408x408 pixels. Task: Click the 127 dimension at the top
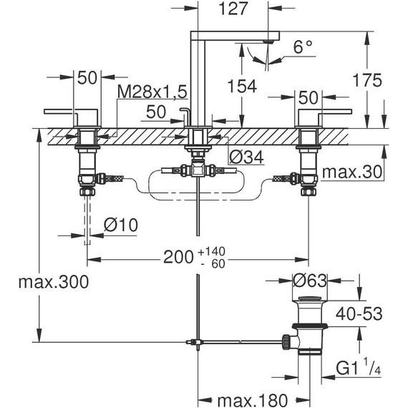(x=233, y=9)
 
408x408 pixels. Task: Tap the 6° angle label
(x=303, y=47)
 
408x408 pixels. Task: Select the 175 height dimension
(x=367, y=80)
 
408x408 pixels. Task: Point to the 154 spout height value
(x=242, y=86)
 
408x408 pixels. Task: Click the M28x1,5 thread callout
(x=152, y=92)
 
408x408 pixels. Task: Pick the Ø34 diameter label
(x=246, y=157)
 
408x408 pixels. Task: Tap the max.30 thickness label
(x=352, y=172)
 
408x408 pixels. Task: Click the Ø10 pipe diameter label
(x=121, y=225)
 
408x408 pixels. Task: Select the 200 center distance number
(x=178, y=258)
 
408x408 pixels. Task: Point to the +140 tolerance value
(x=211, y=252)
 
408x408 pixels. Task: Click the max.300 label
(x=54, y=282)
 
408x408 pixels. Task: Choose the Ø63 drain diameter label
(x=309, y=281)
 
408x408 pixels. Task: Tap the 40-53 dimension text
(x=359, y=314)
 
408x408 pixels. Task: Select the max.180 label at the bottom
(x=253, y=400)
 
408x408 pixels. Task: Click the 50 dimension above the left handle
(x=87, y=77)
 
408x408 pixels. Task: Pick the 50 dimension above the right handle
(x=308, y=98)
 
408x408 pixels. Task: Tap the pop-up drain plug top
(x=309, y=298)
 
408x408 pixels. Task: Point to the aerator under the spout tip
(x=268, y=41)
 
